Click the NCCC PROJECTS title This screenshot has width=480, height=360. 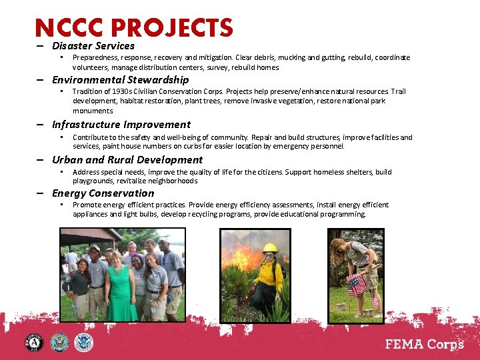(134, 28)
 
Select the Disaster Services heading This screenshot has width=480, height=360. (93, 46)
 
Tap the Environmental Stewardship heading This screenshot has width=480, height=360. (120, 80)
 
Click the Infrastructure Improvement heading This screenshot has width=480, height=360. (121, 125)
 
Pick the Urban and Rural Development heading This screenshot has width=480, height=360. (127, 160)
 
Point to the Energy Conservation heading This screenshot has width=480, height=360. (103, 193)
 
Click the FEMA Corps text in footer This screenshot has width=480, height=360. (425, 343)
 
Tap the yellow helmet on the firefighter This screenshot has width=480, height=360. (269, 247)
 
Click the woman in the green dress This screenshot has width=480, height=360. (119, 283)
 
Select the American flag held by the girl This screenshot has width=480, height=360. (357, 283)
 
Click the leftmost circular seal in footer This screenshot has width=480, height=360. (34, 343)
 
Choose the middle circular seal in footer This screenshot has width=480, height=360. (59, 343)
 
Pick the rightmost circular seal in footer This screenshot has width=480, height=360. (84, 343)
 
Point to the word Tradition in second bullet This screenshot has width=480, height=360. (87, 91)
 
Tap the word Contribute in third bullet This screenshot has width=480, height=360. (90, 137)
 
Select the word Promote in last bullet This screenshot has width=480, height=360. (87, 205)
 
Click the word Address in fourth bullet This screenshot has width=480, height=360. (86, 172)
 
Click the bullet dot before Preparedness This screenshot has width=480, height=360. (61, 57)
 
